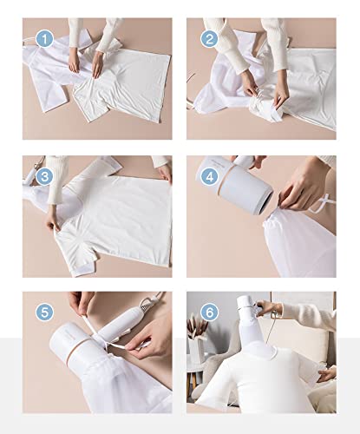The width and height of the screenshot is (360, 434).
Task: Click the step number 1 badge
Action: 45,39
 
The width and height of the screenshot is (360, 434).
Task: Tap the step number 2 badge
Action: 209,39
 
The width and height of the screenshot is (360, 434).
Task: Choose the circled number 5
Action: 45,311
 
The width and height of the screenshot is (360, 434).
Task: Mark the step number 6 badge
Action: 209,311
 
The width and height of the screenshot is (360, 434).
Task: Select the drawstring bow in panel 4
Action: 323,205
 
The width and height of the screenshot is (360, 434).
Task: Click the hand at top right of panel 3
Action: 162,169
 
